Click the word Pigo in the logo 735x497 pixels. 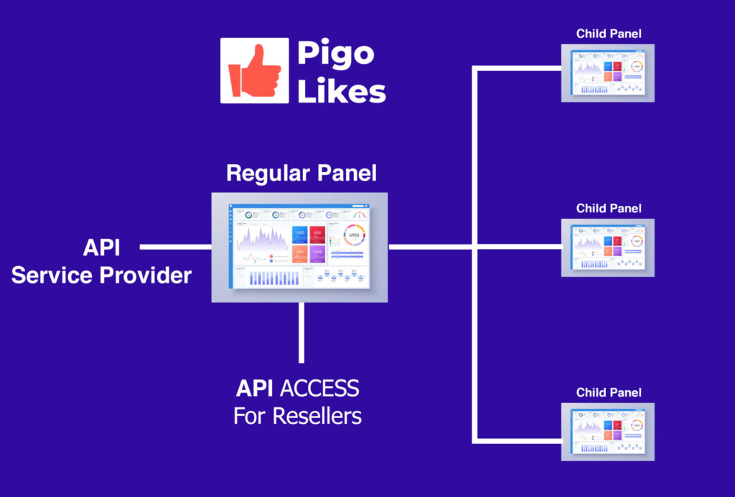coord(335,53)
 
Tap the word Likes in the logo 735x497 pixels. coord(342,90)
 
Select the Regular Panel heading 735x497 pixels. coord(301,173)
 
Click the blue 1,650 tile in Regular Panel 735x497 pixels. coord(300,235)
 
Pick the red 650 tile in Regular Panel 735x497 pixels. coord(317,235)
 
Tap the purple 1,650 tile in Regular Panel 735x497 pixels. coord(317,253)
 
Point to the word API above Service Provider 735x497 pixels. coord(101,248)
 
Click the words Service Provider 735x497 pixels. coord(101,275)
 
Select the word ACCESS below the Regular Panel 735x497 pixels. coord(319,389)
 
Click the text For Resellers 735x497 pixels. coord(297,415)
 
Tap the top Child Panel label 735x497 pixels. coord(609,34)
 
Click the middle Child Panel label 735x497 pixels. coord(609,209)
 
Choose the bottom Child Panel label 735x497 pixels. coord(609,393)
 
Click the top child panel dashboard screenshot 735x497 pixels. coord(609,72)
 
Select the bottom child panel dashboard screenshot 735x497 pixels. coord(609,431)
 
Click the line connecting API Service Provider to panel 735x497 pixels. coord(175,247)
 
